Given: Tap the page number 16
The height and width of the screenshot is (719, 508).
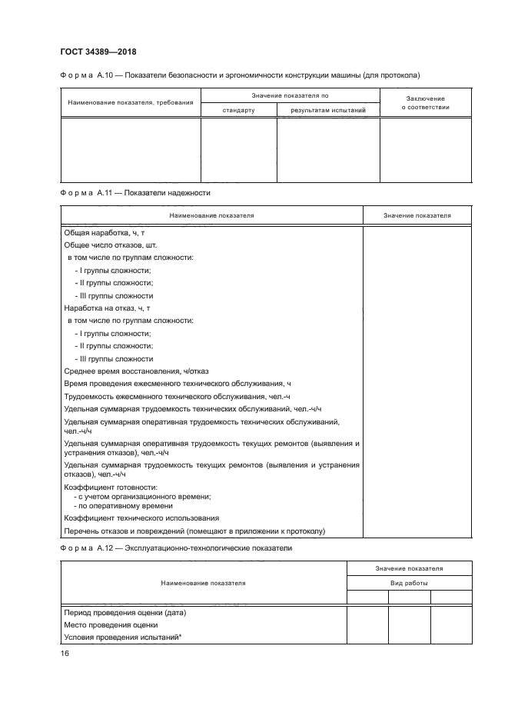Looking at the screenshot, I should coord(65,653).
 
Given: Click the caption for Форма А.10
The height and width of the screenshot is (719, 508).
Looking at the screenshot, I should coord(239,75).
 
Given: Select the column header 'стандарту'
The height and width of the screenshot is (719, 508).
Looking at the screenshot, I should coord(238,110).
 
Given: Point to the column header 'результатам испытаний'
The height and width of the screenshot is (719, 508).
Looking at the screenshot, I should coord(327,110).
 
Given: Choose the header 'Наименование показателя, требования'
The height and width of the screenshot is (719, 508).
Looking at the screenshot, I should coord(130,103).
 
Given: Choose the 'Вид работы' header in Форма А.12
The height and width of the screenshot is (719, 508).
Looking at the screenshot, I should coord(409,583).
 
